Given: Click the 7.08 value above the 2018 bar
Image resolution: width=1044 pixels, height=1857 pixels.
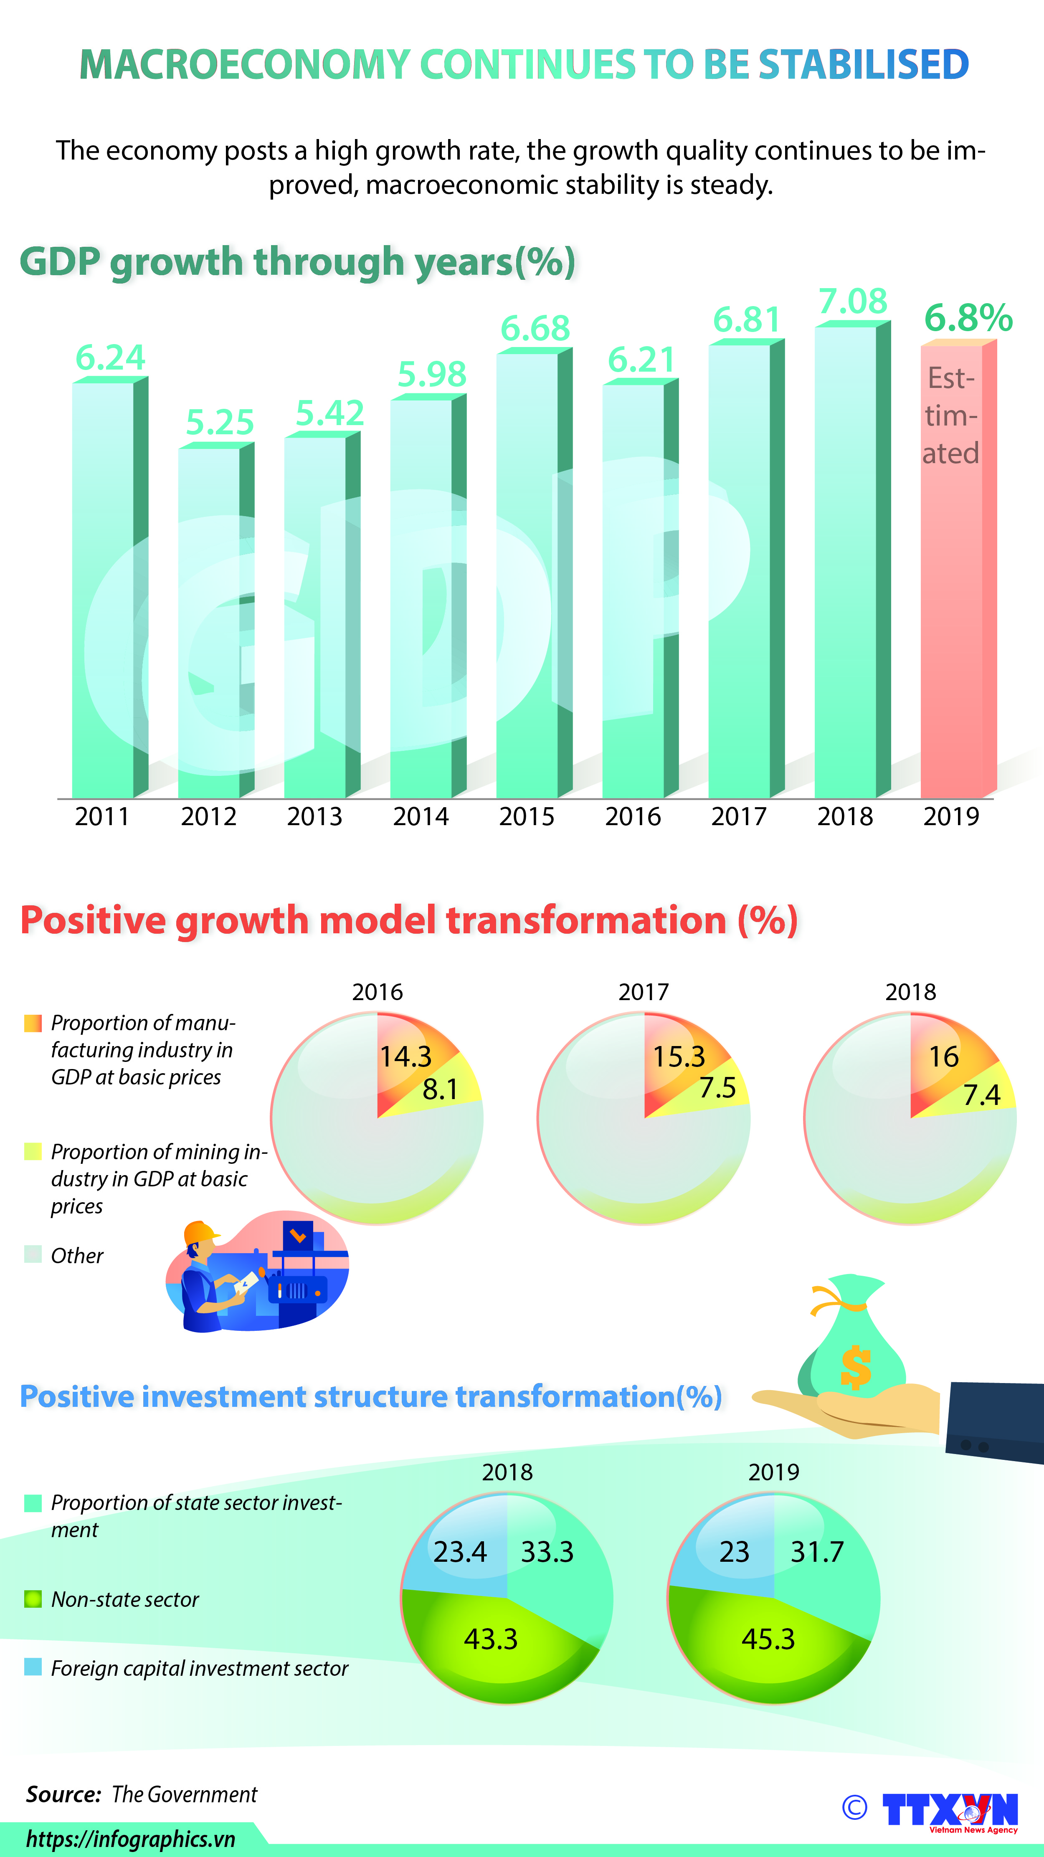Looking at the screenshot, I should point(852,301).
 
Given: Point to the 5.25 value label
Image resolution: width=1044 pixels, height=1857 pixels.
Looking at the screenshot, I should point(220,423).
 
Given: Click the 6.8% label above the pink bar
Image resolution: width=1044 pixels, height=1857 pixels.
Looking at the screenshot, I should point(968,318).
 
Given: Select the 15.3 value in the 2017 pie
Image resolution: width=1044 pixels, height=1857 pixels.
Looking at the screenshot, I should point(679,1057).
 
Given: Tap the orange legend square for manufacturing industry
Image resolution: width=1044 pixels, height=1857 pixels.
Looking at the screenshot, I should point(33,1023).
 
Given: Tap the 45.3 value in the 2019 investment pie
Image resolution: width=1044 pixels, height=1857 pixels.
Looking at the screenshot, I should point(768,1639).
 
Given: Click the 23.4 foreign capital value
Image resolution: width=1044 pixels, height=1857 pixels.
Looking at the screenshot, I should point(460,1551).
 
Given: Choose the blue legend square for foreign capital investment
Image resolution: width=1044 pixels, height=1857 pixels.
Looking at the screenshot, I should point(33,1667).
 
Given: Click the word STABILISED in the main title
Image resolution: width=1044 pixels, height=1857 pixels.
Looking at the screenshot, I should point(863,64).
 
